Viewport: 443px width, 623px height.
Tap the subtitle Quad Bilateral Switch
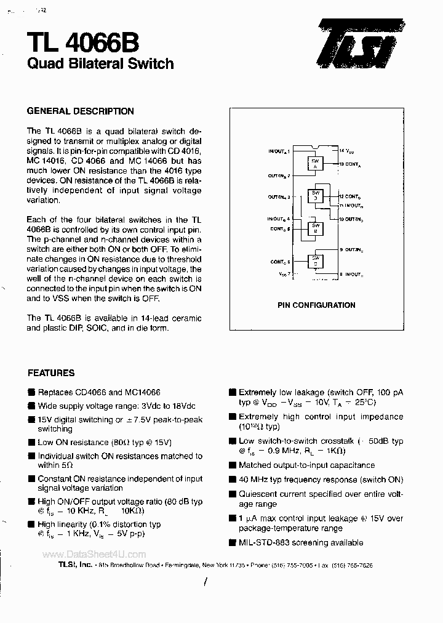click(x=100, y=63)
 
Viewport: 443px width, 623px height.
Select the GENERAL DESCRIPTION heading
click(x=80, y=111)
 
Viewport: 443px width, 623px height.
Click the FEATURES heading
click(x=51, y=372)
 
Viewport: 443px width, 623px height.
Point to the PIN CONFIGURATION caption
click(x=316, y=305)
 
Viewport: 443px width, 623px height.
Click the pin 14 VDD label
click(x=346, y=151)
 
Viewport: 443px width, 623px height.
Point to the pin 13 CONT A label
click(x=350, y=164)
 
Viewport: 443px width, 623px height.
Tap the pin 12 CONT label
click(x=351, y=196)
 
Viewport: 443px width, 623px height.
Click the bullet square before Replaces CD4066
click(x=31, y=392)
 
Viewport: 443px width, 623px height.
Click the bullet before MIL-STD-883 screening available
click(x=232, y=543)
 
